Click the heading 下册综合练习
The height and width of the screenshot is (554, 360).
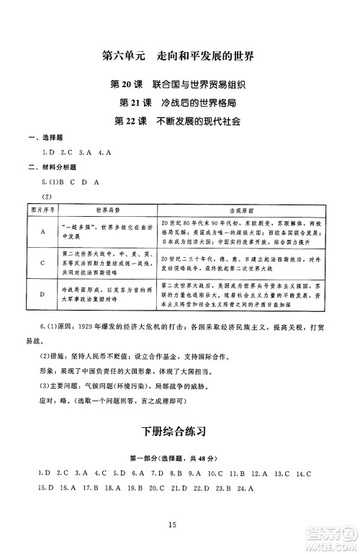tap(179, 432)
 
